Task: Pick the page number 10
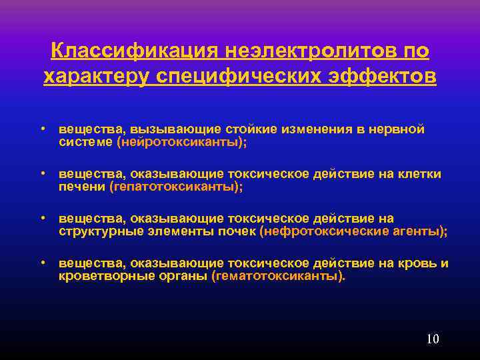click(432, 339)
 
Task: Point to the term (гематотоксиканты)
click(278, 276)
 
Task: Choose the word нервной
click(397, 129)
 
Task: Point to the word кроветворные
click(101, 276)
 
